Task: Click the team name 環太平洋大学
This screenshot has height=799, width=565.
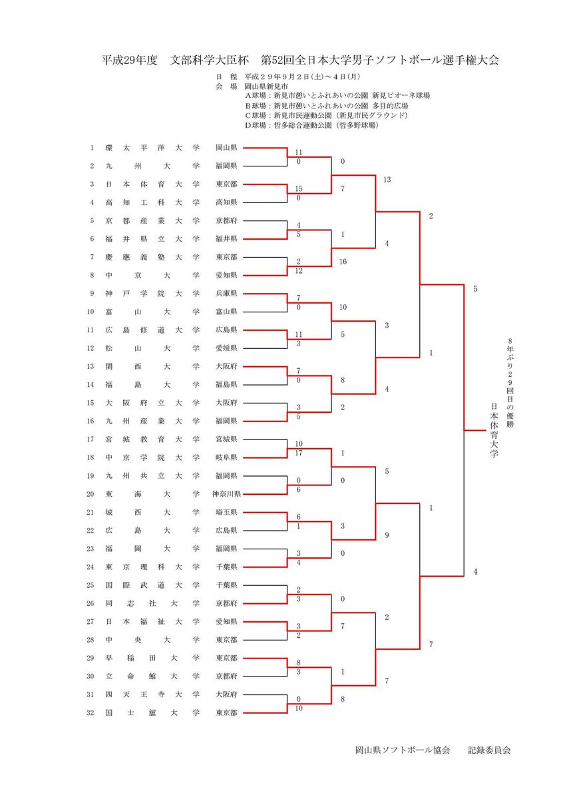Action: coord(152,147)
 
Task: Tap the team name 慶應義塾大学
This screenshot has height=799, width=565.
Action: coord(152,256)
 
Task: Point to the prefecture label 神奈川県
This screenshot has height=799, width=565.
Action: coord(226,494)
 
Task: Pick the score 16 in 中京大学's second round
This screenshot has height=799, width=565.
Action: coord(343,262)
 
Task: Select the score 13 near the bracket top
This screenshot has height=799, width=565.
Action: coord(387,180)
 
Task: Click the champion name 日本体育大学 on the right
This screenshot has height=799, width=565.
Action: coord(494,430)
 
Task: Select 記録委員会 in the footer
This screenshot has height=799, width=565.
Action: coord(489,750)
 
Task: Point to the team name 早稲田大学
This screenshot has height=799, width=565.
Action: coord(152,658)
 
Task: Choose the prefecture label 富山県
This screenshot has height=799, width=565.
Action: coord(226,311)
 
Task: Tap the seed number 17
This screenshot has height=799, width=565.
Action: coord(92,439)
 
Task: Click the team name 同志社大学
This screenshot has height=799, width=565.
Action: coord(152,603)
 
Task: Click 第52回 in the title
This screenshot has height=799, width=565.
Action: coord(276,60)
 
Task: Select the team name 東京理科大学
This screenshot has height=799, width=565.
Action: coord(152,567)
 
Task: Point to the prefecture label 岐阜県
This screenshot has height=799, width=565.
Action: coord(226,457)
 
